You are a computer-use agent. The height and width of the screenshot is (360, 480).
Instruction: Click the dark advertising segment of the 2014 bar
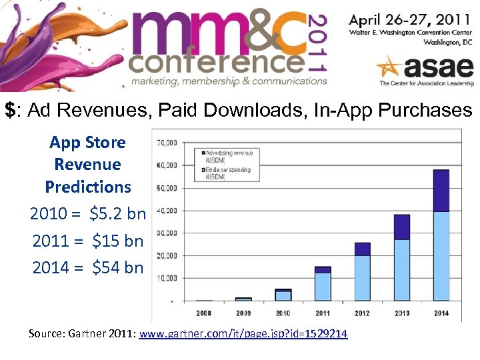(x=440, y=191)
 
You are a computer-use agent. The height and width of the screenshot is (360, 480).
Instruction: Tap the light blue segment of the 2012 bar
(x=362, y=278)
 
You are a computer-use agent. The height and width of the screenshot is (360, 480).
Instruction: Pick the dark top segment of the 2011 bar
(x=323, y=269)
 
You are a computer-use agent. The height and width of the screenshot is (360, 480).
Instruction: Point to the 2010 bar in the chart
(x=283, y=295)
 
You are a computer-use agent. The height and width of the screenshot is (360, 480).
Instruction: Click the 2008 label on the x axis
(x=204, y=311)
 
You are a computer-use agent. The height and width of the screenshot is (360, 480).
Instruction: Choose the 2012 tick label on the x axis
(x=362, y=311)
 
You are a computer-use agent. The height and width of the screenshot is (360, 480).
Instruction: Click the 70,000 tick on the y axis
(x=167, y=143)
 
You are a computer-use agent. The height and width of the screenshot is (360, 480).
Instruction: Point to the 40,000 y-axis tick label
(x=167, y=211)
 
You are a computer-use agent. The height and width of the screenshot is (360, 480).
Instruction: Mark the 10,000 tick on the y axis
(x=167, y=278)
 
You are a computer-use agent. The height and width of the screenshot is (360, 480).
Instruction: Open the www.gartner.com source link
(x=243, y=333)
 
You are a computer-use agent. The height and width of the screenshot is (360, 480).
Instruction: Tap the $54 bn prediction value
(x=118, y=267)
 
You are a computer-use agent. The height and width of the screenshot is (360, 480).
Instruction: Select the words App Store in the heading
(x=87, y=142)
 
